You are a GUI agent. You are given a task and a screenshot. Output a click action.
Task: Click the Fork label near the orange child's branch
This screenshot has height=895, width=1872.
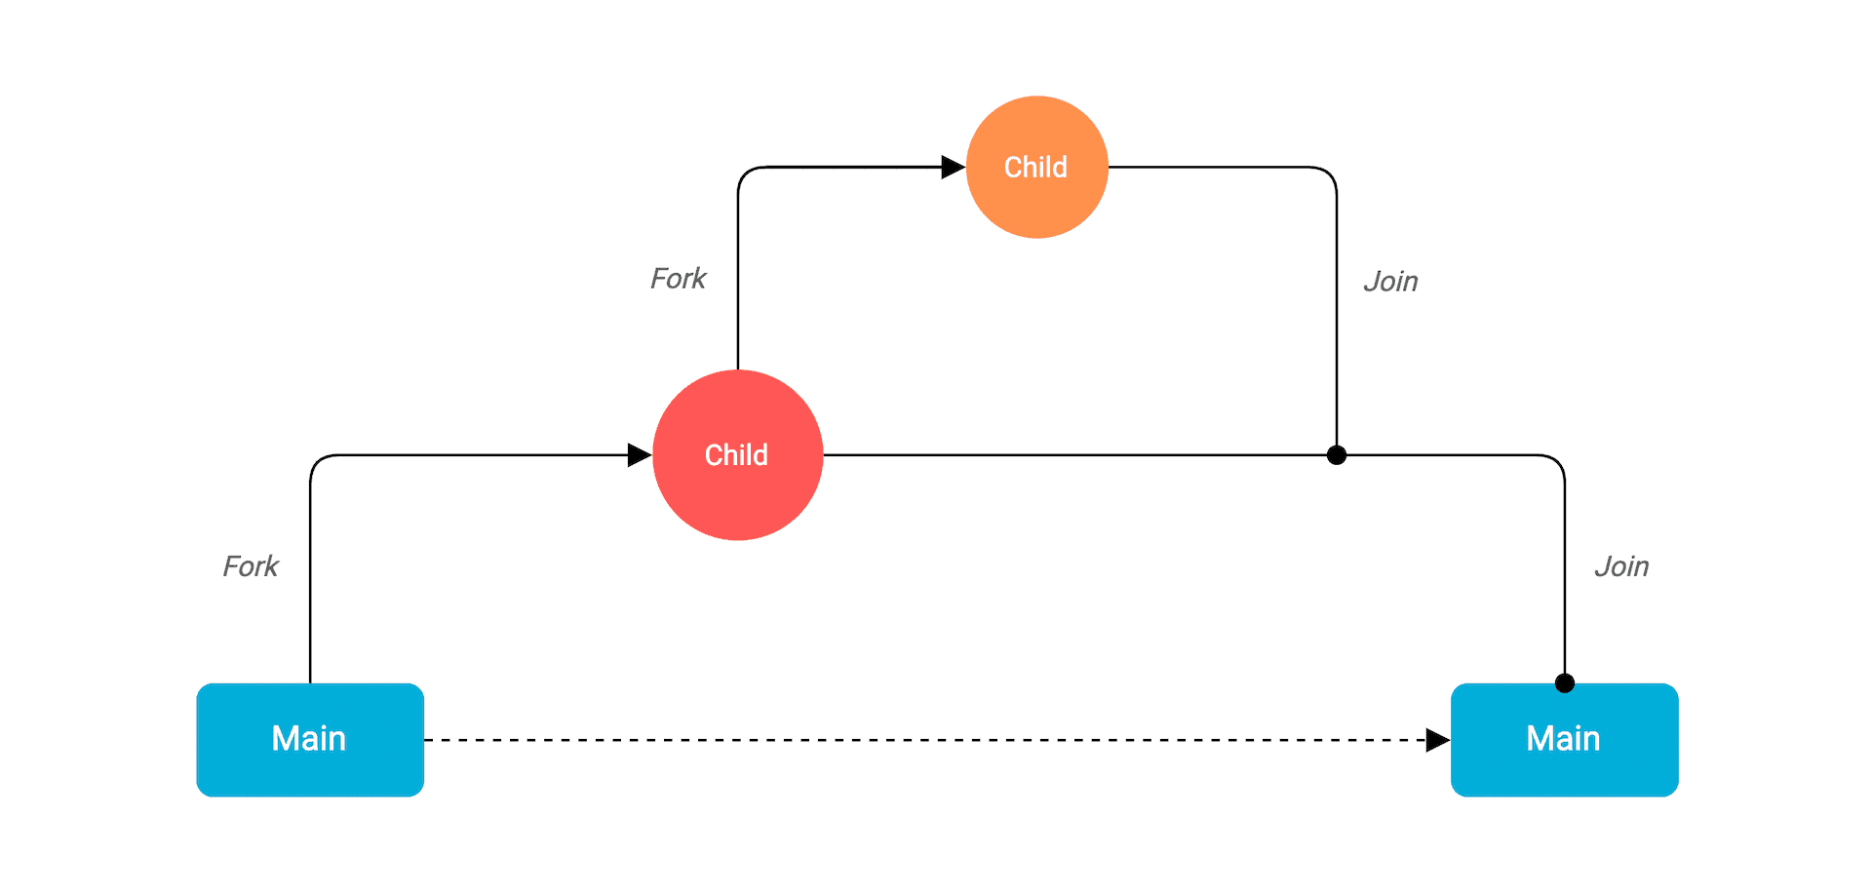(x=678, y=279)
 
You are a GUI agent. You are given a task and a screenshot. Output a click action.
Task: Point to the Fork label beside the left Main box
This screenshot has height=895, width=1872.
(x=251, y=566)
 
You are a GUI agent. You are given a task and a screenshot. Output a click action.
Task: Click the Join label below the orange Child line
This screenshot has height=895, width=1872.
(x=1390, y=282)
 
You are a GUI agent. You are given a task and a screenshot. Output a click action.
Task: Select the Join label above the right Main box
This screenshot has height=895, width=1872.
(x=1621, y=566)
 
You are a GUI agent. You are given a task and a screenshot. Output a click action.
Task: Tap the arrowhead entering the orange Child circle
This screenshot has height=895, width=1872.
(x=953, y=168)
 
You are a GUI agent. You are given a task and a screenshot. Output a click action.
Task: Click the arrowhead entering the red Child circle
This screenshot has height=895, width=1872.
(x=640, y=455)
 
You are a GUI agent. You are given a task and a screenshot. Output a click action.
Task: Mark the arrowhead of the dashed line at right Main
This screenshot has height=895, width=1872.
(x=1437, y=740)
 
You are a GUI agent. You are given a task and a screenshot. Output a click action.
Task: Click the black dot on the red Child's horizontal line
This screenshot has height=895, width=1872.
(x=1337, y=455)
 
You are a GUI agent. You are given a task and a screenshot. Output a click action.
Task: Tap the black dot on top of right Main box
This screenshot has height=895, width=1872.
(x=1565, y=683)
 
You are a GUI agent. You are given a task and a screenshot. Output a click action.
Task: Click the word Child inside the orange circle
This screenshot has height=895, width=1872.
(x=1035, y=168)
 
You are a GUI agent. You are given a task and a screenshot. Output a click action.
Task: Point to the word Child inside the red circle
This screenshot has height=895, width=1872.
(x=736, y=455)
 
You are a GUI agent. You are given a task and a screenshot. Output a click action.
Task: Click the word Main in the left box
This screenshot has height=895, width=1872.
(x=309, y=739)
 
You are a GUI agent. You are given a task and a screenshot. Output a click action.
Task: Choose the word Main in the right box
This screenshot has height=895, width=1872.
(x=1563, y=739)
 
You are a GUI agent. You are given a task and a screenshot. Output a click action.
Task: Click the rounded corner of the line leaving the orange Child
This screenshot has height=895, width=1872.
(x=1329, y=175)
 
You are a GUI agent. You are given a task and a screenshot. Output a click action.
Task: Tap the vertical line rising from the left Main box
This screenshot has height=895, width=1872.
(x=310, y=585)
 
